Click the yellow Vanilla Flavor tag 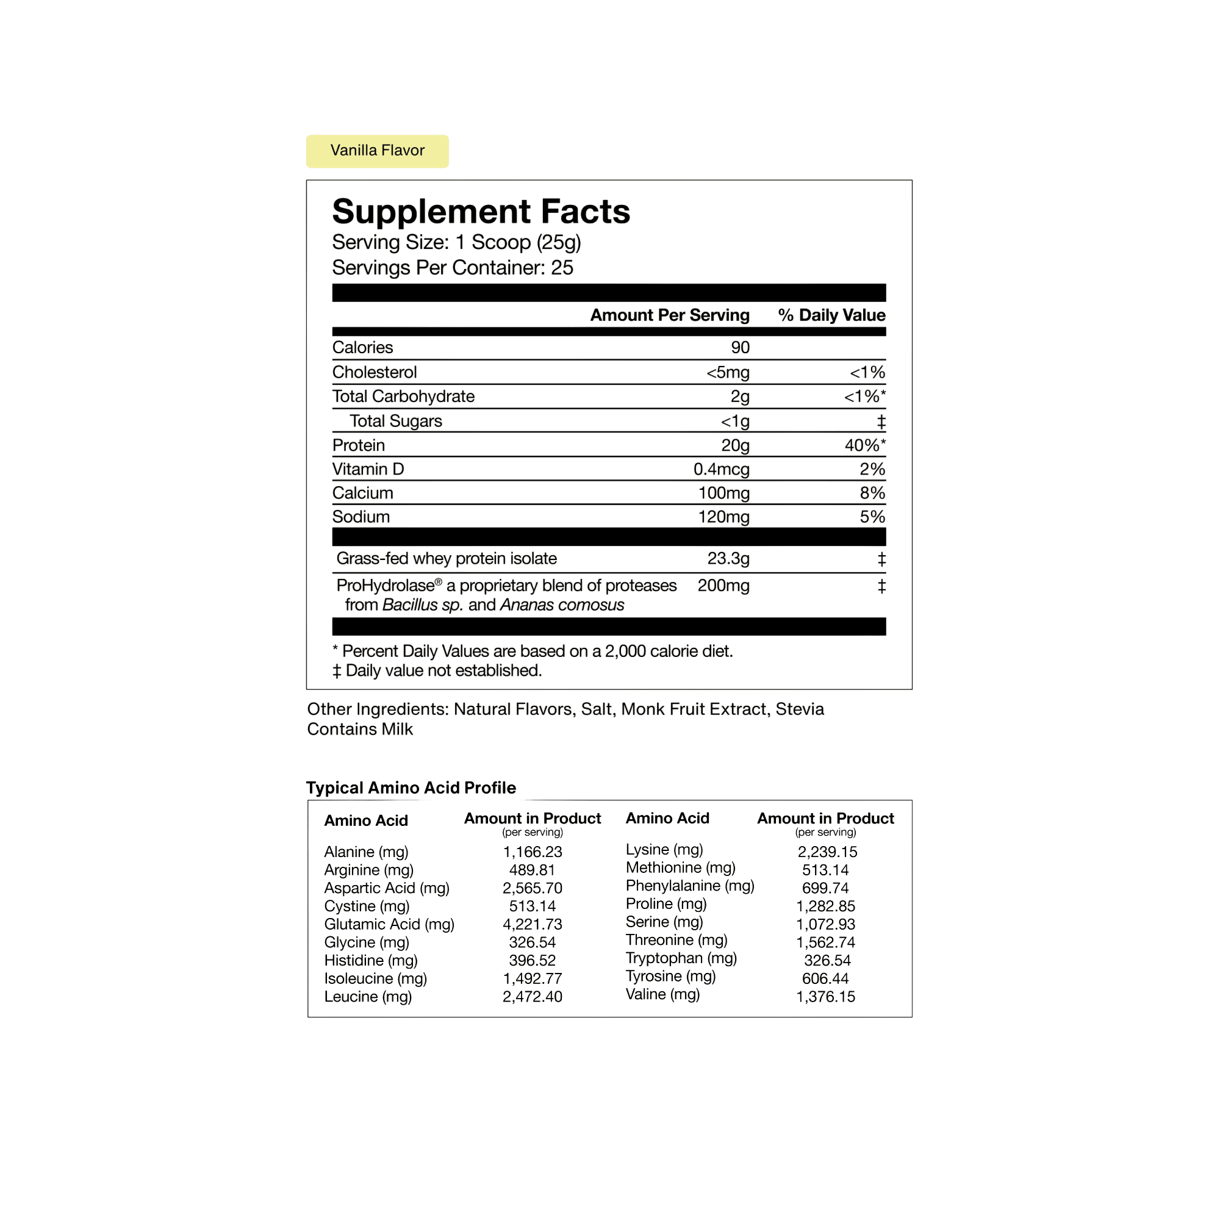(x=377, y=151)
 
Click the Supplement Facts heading (x=481, y=212)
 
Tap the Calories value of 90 (x=740, y=347)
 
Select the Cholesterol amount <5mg (x=728, y=373)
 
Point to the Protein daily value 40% (x=865, y=445)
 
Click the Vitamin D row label (x=368, y=469)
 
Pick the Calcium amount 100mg (x=723, y=493)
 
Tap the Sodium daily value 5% (x=873, y=517)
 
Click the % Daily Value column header (x=831, y=315)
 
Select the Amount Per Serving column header (x=670, y=315)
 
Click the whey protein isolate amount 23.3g (x=728, y=558)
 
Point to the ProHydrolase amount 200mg (x=723, y=586)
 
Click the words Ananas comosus (x=562, y=605)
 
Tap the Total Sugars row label (x=396, y=421)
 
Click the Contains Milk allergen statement (x=360, y=730)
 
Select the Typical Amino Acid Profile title (x=411, y=788)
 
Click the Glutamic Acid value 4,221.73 (x=533, y=925)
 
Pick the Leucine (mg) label (x=368, y=997)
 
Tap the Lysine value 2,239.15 (x=827, y=852)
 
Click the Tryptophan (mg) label (x=681, y=958)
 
